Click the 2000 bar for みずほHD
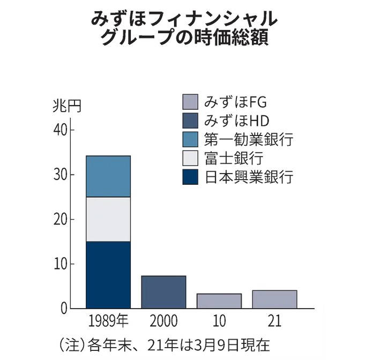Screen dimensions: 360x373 (x=163, y=292)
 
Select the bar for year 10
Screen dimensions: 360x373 (x=219, y=301)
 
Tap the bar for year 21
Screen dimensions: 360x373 (x=274, y=299)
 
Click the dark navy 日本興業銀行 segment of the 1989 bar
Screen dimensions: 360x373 (x=108, y=275)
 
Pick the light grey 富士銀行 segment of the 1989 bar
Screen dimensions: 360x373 (x=108, y=219)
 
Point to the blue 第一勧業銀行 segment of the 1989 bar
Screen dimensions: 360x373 (x=108, y=176)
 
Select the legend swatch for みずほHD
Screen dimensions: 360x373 (x=190, y=121)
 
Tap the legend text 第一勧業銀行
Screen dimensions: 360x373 (x=249, y=140)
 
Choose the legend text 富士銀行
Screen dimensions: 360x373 (x=233, y=158)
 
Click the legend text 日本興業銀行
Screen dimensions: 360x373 (x=249, y=177)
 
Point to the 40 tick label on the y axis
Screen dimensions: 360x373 (x=61, y=130)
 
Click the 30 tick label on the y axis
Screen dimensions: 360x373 (x=61, y=175)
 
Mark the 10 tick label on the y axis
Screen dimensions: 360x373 (x=61, y=264)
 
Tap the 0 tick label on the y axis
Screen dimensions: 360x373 (x=64, y=309)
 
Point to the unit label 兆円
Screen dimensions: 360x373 (x=67, y=106)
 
